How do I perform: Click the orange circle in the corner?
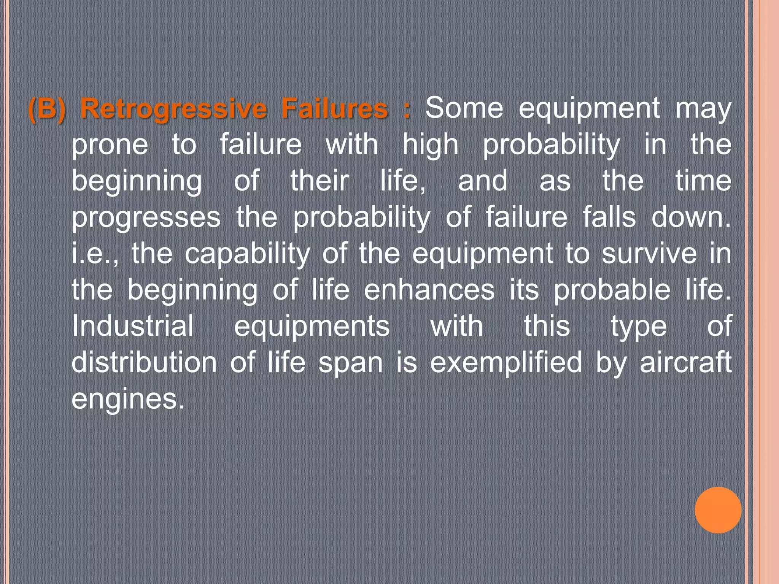pyautogui.click(x=718, y=510)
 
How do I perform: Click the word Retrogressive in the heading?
pyautogui.click(x=173, y=109)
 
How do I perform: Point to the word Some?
pyautogui.click(x=464, y=108)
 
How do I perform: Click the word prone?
pyautogui.click(x=110, y=146)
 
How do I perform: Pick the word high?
pyautogui.click(x=431, y=146)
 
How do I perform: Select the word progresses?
pyautogui.click(x=146, y=218)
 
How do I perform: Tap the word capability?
pyautogui.click(x=248, y=254)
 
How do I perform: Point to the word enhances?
pyautogui.click(x=429, y=290)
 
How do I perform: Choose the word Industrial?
pyautogui.click(x=133, y=326)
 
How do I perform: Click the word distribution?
pyautogui.click(x=144, y=362)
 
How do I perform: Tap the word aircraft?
pyautogui.click(x=686, y=362)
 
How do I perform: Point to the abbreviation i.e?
pyautogui.click(x=94, y=254)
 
